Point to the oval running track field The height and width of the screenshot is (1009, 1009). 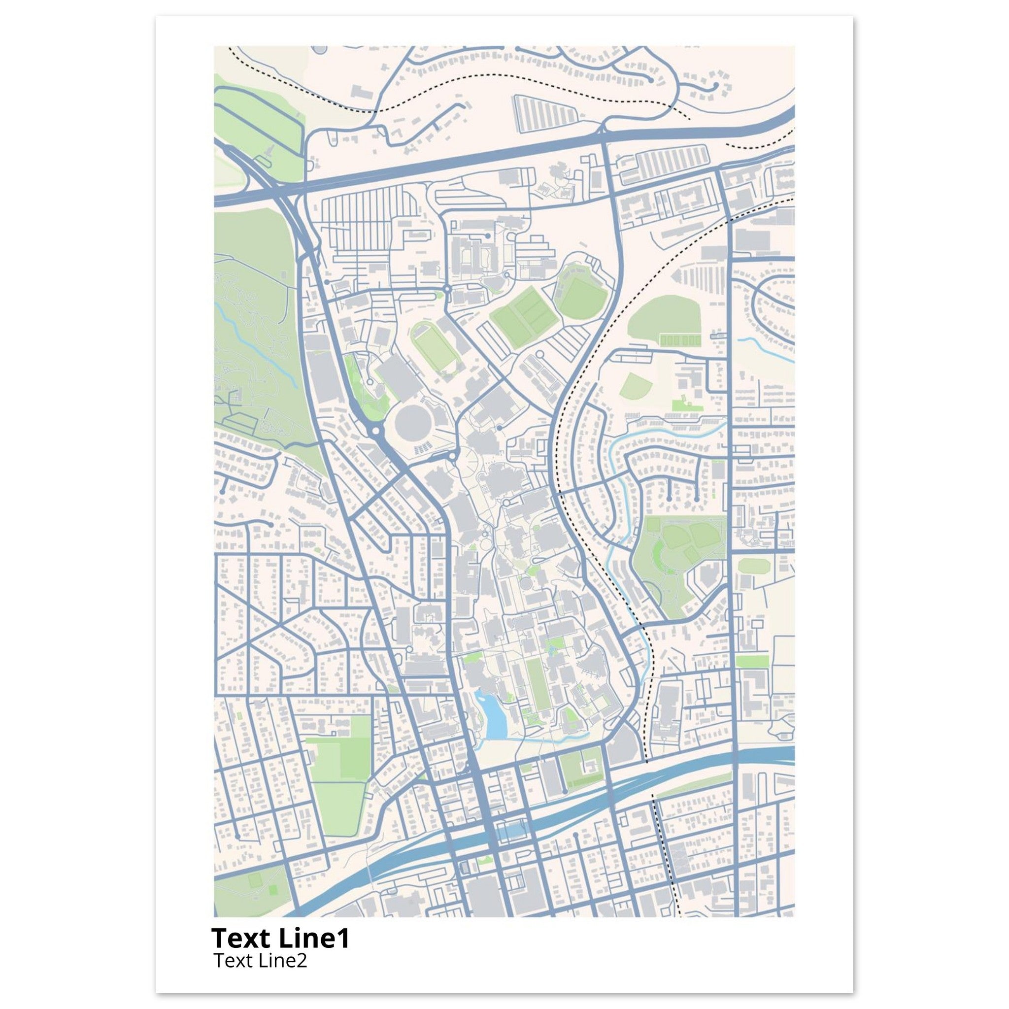click(435, 346)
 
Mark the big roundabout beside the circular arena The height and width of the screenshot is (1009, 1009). click(375, 433)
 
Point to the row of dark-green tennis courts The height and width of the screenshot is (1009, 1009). click(679, 340)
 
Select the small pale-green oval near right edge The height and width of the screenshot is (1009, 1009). click(754, 566)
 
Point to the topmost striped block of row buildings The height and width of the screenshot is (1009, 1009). click(545, 113)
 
